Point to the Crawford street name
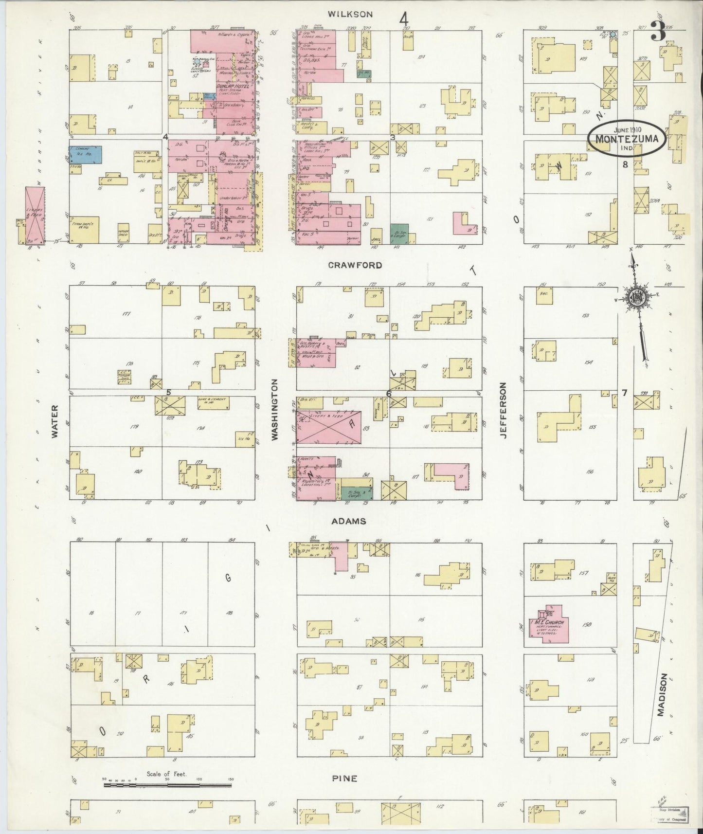pyautogui.click(x=355, y=266)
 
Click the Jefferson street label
pyautogui.click(x=503, y=411)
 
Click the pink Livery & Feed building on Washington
pyautogui.click(x=328, y=427)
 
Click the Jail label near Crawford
pyautogui.click(x=375, y=239)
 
